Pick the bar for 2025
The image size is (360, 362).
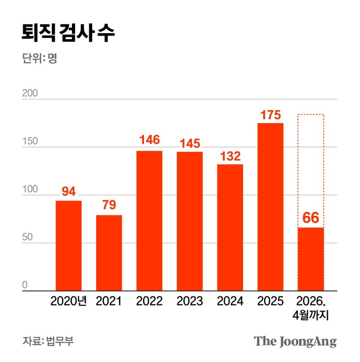point(270,207)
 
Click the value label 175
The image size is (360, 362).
point(270,115)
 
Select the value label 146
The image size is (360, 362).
point(149,140)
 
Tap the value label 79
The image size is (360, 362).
point(109,205)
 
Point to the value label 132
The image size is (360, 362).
point(230,156)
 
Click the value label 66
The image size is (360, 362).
point(310,219)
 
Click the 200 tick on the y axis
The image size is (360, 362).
point(30,94)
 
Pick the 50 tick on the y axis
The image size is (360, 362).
point(28,237)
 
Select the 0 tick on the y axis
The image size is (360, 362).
point(25,285)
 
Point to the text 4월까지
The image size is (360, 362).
point(310,316)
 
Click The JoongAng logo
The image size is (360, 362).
point(295,341)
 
